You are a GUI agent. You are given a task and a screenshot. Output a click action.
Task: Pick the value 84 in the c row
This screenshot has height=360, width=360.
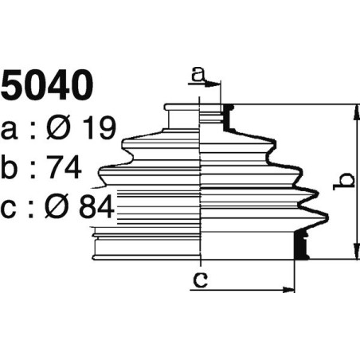click(x=97, y=209)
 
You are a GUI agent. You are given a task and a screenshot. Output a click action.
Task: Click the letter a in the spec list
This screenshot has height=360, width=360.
click(x=10, y=128)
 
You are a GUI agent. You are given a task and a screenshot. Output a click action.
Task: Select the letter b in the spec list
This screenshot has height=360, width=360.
click(x=10, y=168)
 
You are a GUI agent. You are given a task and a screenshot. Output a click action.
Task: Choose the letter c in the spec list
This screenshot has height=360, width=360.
click(x=10, y=209)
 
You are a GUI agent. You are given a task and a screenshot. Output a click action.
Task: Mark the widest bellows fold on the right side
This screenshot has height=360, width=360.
click(x=319, y=213)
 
